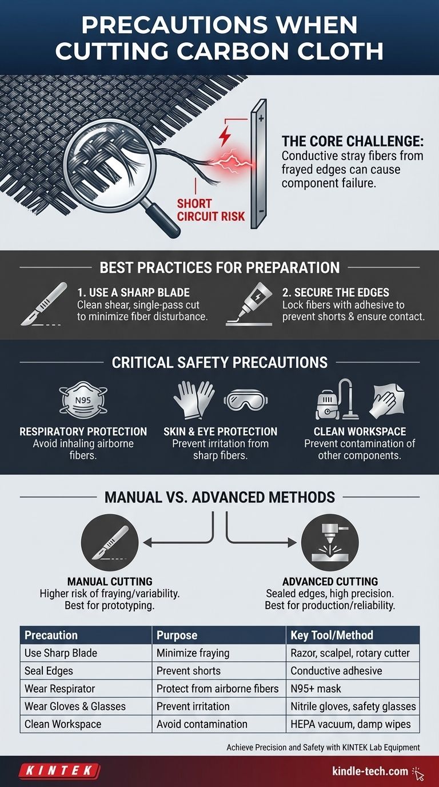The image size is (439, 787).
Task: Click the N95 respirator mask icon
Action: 83,400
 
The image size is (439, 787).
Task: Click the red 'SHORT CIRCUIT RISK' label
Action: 211,210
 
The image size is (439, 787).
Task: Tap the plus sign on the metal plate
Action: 261,118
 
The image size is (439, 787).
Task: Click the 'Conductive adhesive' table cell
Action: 336,671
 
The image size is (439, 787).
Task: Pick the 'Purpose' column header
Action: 177,635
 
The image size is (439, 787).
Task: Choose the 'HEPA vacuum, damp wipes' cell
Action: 350,724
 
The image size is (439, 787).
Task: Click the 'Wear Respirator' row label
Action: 59,689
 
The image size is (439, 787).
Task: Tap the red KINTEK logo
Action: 59,771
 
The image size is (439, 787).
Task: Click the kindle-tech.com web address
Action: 370,771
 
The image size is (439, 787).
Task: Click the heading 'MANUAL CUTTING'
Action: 110,581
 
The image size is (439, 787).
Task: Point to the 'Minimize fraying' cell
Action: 193,653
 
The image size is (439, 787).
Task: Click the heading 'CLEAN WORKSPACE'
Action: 360,431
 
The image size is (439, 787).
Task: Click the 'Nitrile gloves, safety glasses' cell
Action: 353,706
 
